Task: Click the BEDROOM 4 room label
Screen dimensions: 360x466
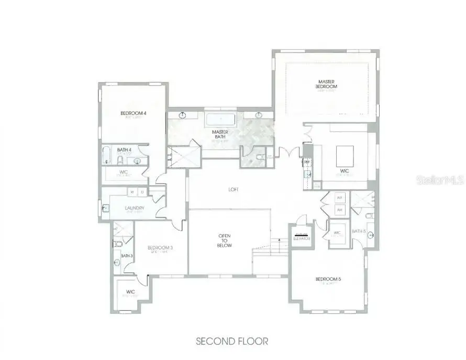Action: [132, 113]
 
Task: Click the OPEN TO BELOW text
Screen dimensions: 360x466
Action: [225, 241]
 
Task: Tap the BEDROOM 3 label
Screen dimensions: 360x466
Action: [160, 248]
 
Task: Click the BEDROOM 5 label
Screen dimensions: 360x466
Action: [328, 279]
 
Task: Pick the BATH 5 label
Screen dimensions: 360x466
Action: [359, 231]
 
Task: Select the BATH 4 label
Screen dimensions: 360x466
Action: [124, 150]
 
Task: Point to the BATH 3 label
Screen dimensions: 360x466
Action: [127, 256]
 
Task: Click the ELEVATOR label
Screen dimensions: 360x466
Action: [302, 238]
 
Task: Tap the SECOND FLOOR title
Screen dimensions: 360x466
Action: [232, 341]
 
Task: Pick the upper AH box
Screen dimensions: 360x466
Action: [339, 198]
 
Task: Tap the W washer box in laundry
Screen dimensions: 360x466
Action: [132, 191]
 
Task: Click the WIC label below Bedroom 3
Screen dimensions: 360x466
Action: [130, 292]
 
